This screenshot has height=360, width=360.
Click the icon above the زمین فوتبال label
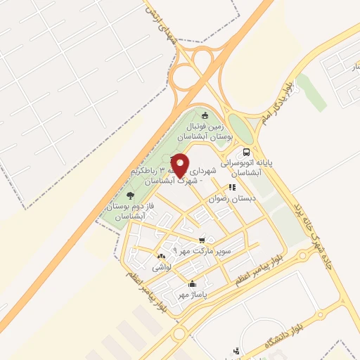pyautogui.click(x=205, y=115)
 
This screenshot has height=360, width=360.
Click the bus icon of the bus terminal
pyautogui.click(x=246, y=152)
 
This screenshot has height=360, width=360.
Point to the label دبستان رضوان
pyautogui.click(x=232, y=199)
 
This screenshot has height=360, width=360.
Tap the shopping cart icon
pyautogui.click(x=202, y=239)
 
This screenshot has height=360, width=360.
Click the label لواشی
pyautogui.click(x=161, y=267)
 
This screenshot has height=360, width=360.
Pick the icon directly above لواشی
pyautogui.click(x=161, y=257)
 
